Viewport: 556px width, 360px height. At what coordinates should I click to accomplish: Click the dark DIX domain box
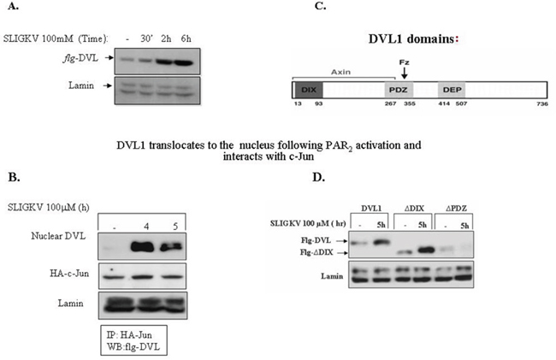[306, 89]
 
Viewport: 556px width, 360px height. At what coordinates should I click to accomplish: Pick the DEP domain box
[450, 89]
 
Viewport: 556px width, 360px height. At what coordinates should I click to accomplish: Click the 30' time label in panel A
[146, 38]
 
